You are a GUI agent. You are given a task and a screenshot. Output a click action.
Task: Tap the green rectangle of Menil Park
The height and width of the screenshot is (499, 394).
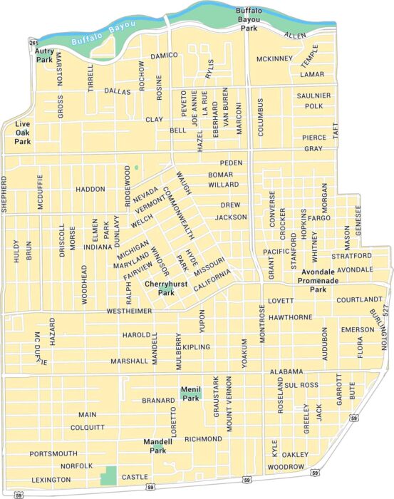(190, 393)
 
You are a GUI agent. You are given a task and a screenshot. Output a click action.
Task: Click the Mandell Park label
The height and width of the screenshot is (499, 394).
(154, 446)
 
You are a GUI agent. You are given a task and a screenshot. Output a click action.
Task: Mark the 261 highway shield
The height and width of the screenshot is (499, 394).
(33, 43)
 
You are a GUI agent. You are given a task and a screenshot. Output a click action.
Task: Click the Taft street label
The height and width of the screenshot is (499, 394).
(335, 130)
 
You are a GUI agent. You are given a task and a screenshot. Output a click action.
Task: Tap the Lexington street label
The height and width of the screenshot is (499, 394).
(51, 480)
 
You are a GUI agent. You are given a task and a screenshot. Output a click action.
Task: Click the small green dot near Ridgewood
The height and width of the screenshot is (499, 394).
(135, 168)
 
